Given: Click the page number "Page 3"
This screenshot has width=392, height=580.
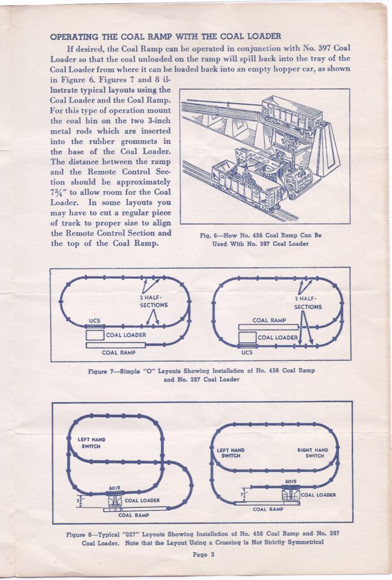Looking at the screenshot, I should click(203, 555).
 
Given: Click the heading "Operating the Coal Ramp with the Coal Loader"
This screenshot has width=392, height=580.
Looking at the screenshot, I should click(165, 37).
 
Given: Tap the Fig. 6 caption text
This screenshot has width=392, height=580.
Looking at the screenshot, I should click(265, 240).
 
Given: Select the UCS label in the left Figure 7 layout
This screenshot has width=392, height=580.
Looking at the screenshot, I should click(95, 321).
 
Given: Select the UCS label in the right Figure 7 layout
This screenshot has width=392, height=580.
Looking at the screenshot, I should click(247, 352).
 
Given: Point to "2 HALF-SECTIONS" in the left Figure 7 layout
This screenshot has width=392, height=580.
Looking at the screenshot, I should click(154, 301).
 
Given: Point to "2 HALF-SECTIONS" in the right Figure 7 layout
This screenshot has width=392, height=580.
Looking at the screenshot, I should click(308, 302).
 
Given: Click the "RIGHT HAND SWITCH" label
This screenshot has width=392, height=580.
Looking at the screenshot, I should click(313, 453).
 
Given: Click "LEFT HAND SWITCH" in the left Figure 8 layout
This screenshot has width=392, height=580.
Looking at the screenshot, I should click(92, 442).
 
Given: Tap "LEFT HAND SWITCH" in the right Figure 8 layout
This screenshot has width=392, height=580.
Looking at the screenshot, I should click(231, 453).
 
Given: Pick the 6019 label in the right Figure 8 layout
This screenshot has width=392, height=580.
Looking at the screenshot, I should click(291, 481).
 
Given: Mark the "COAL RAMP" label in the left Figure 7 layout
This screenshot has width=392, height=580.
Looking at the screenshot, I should click(118, 352).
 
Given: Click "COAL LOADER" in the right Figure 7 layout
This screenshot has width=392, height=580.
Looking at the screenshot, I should click(278, 338).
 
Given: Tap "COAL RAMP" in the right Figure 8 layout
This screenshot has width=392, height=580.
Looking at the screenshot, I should click(268, 509).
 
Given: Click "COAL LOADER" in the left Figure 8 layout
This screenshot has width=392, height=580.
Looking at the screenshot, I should click(142, 501).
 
